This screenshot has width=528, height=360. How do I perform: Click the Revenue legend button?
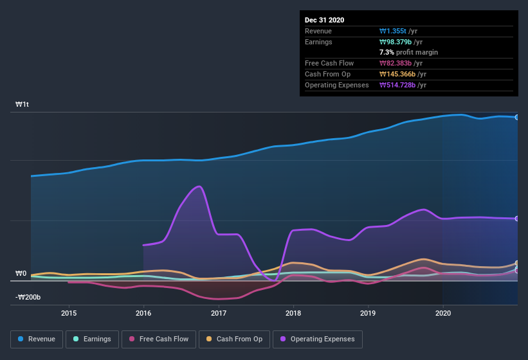tap(37, 339)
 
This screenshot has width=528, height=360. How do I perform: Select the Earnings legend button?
tap(92, 339)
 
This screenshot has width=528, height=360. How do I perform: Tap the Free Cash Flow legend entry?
tap(158, 339)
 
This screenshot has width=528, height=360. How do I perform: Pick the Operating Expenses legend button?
tap(317, 339)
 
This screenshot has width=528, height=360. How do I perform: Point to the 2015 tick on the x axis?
tap(69, 313)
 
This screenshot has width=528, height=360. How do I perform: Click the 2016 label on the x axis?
tap(143, 313)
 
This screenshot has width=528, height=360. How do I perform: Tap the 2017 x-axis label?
tap(219, 313)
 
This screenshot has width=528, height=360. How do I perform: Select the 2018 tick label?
tap(294, 313)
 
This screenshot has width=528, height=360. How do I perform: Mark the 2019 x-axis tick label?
tap(368, 313)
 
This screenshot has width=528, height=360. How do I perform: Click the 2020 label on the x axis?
tap(443, 313)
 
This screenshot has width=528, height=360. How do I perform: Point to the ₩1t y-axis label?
tap(23, 104)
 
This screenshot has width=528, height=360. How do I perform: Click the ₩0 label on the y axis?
tap(21, 273)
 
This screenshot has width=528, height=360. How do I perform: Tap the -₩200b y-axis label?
tap(28, 297)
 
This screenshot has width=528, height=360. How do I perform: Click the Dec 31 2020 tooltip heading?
tap(324, 20)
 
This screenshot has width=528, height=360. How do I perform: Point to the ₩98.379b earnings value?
tap(401, 42)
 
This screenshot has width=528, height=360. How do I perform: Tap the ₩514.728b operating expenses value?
tap(403, 85)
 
